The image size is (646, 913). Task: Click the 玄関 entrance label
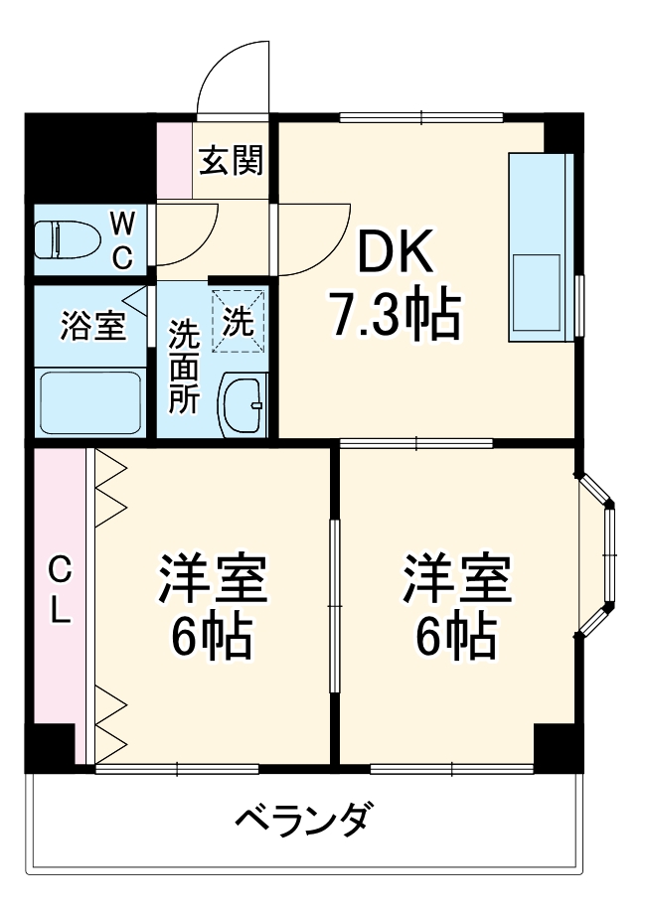point(231,160)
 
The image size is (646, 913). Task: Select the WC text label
point(121,239)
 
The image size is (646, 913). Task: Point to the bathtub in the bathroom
point(90,402)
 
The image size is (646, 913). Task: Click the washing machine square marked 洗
point(239,320)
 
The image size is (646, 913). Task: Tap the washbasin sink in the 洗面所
point(242,405)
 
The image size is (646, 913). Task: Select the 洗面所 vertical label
point(183,366)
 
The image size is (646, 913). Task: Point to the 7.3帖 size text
point(395,315)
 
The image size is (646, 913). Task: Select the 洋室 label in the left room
point(213,581)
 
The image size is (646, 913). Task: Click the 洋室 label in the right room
point(456,581)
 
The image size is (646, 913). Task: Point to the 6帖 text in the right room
point(456,636)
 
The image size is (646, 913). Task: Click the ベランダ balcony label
point(305,820)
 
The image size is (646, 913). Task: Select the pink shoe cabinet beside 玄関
point(175,158)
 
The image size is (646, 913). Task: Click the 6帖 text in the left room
point(213,636)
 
